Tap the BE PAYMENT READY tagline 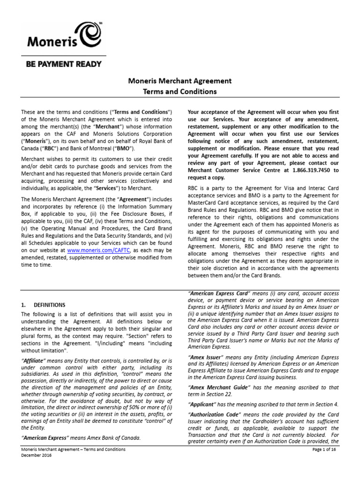click(x=63, y=64)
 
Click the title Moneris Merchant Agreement click(x=180, y=81)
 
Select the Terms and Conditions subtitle click(x=180, y=91)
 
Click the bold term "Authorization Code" click(x=215, y=415)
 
